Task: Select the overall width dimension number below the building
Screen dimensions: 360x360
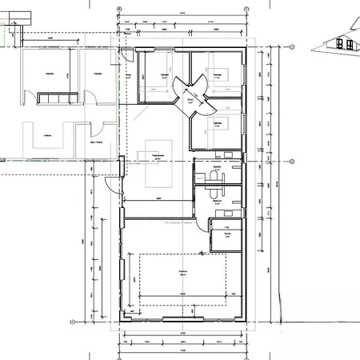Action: click(183, 350)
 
